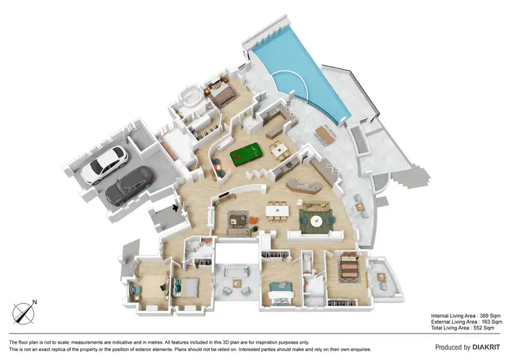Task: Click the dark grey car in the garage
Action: click(x=129, y=185)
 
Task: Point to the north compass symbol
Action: click(x=24, y=313)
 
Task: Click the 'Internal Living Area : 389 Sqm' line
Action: click(x=466, y=316)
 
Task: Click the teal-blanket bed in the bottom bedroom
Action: click(x=280, y=293)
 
